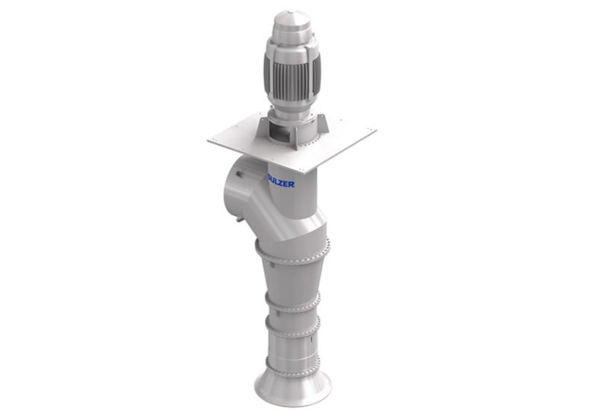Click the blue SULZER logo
[280, 180]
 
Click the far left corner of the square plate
[208, 139]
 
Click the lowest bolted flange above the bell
[292, 364]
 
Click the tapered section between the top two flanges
[292, 279]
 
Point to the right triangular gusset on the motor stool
[321, 126]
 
